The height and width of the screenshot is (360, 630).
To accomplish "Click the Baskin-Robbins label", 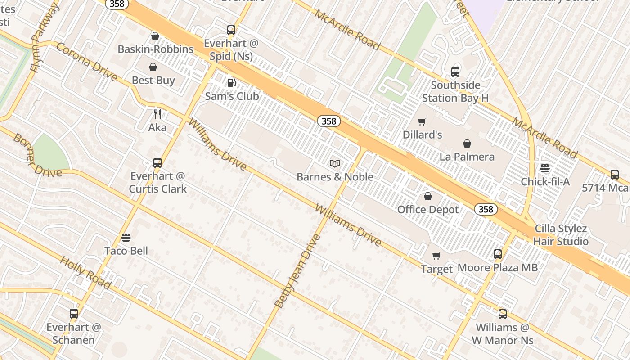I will (155, 49).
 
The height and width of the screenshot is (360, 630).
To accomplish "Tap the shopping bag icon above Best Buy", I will (153, 67).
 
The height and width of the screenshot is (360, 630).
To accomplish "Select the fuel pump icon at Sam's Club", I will (231, 82).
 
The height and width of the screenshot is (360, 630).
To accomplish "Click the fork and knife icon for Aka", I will (157, 114).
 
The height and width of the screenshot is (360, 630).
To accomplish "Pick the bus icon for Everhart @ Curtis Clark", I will (157, 162).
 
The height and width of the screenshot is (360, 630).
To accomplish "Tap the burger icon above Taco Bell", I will (126, 238).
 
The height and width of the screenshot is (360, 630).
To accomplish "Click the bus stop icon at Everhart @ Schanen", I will (74, 314).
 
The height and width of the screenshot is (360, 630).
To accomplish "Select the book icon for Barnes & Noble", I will (334, 163).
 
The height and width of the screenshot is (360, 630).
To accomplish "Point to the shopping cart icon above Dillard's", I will (422, 121).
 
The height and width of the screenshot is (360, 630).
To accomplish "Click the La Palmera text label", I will (467, 157).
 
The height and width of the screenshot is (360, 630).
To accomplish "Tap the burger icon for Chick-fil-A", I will (545, 169).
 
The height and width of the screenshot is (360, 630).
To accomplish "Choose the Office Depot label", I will (427, 209).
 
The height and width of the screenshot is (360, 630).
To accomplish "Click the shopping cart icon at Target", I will (436, 256).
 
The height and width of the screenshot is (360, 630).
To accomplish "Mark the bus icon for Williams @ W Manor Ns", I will (503, 314).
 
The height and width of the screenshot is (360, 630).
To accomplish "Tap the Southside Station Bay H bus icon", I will (455, 72).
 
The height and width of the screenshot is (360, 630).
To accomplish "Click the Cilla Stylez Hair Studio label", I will (560, 235).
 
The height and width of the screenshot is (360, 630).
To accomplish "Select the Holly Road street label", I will (85, 273).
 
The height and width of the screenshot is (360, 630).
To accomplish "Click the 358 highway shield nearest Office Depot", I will (486, 209).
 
